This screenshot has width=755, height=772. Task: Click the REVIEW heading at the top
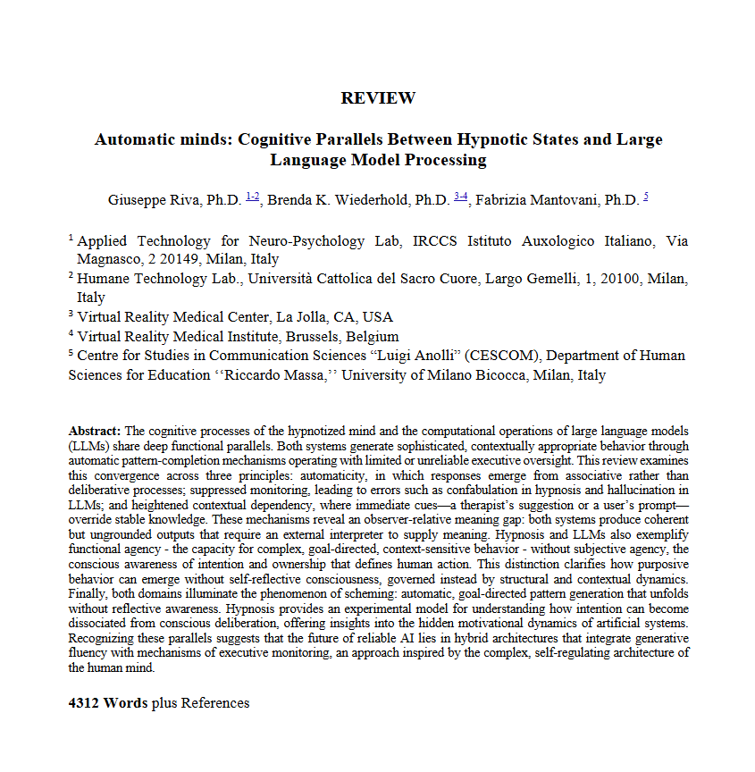click(x=378, y=98)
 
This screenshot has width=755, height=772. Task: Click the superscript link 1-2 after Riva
click(x=253, y=197)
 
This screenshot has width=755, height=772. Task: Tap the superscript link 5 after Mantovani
click(x=645, y=197)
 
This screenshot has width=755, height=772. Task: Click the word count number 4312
click(x=84, y=703)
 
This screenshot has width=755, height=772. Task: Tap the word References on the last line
click(x=215, y=703)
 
